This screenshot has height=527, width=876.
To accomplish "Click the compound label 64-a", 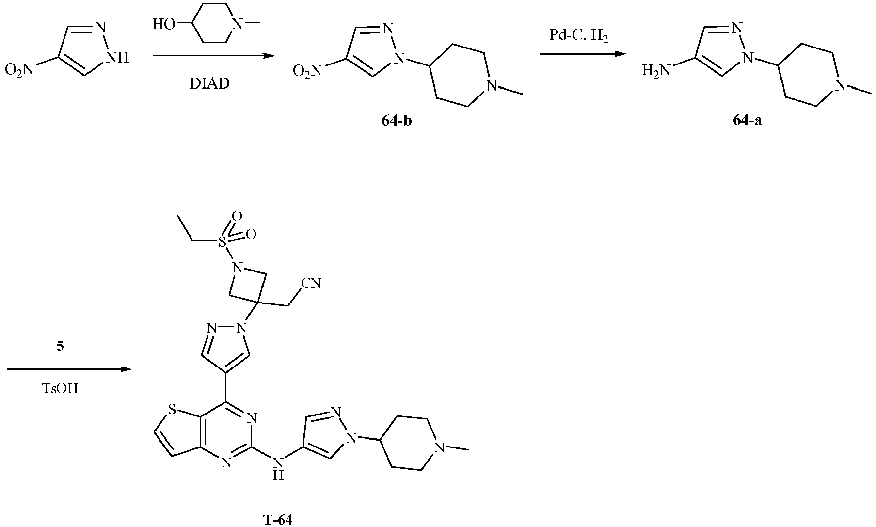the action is coord(747,121).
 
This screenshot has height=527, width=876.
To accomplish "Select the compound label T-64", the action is coord(278,520).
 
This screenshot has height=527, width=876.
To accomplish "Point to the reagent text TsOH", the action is coord(60,389).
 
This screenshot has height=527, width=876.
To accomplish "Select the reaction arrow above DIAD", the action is coord(214,56).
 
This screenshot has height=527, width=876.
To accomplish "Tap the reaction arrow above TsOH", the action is coord(69,369).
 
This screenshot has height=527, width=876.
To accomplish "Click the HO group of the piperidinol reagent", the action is coord(163,24).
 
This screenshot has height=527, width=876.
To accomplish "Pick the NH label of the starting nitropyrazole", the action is coord(118,58).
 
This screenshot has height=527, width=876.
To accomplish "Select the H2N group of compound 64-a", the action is coord(656,71).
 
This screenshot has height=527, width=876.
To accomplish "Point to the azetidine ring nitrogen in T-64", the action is coord(237,268).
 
